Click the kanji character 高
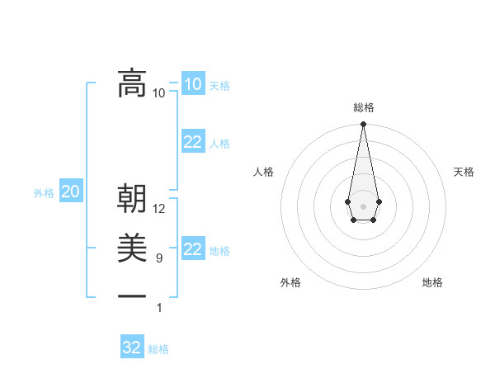[x=132, y=83]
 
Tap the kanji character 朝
[x=132, y=199]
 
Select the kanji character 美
[x=132, y=248]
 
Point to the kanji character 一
[x=132, y=296]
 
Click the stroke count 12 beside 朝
[x=159, y=209]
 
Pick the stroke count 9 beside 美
[x=159, y=258]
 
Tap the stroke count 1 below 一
[x=159, y=308]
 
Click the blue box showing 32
[x=132, y=348]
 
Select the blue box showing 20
[x=71, y=192]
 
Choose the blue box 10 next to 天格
[x=192, y=84]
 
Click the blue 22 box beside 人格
[x=193, y=142]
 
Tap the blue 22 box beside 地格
[x=193, y=249]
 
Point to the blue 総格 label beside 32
[x=158, y=348]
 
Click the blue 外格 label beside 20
[x=44, y=193]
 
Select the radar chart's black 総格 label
[x=364, y=107]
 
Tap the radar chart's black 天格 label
[x=464, y=172]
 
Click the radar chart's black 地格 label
[x=432, y=282]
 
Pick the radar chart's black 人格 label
[x=263, y=172]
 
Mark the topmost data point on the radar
[x=363, y=125]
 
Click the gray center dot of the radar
[x=363, y=205]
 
